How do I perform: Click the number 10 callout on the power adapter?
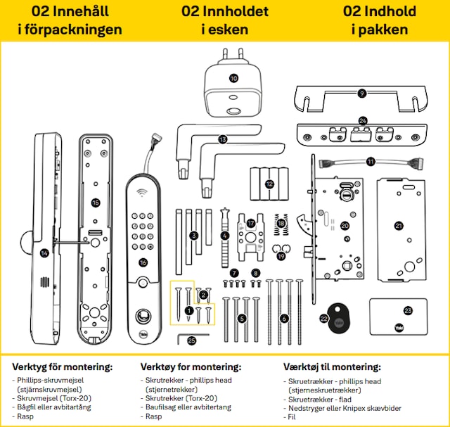[233, 79]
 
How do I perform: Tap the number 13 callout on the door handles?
[223, 139]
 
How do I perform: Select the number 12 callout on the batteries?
[269, 184]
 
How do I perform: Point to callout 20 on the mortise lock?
[345, 226]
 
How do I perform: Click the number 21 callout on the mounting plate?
[399, 226]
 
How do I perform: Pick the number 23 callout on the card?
[408, 310]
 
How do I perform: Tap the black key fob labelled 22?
[330, 320]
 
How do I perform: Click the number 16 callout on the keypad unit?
[143, 262]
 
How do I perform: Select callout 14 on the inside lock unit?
[44, 253]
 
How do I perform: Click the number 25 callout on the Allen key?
[192, 341]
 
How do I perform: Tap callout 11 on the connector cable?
[371, 162]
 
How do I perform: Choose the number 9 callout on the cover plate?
[362, 93]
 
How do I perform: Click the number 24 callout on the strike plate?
[363, 121]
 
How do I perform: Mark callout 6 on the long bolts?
[284, 319]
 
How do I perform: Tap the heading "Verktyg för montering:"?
[62, 367]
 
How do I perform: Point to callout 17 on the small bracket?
[251, 223]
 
